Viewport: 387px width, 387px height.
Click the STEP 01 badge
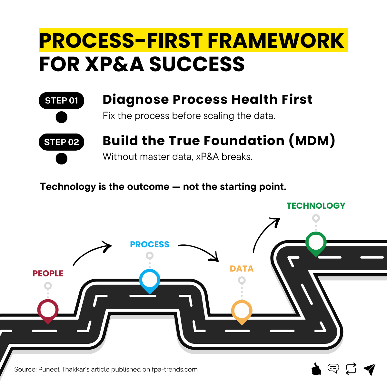tap(61, 101)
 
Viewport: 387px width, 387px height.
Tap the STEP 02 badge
tap(61, 142)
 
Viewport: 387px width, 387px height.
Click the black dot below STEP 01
tap(61, 117)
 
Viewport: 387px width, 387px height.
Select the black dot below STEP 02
tap(61, 158)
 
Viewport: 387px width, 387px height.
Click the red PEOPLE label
tap(48, 273)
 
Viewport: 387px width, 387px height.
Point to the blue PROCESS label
tap(150, 244)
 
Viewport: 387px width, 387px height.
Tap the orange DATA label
tap(242, 269)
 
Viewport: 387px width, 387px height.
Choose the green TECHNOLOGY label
tap(316, 206)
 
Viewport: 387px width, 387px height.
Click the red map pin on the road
tap(48, 311)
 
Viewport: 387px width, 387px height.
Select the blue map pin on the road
tap(150, 280)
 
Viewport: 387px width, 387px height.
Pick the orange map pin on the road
tap(242, 312)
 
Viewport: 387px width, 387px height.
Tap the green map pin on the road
tap(316, 243)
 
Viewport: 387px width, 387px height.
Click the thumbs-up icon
tap(316, 369)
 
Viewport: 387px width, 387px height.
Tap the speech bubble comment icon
tap(333, 368)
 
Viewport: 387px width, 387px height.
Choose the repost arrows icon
tap(351, 369)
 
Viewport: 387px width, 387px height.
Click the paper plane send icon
tap(370, 369)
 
